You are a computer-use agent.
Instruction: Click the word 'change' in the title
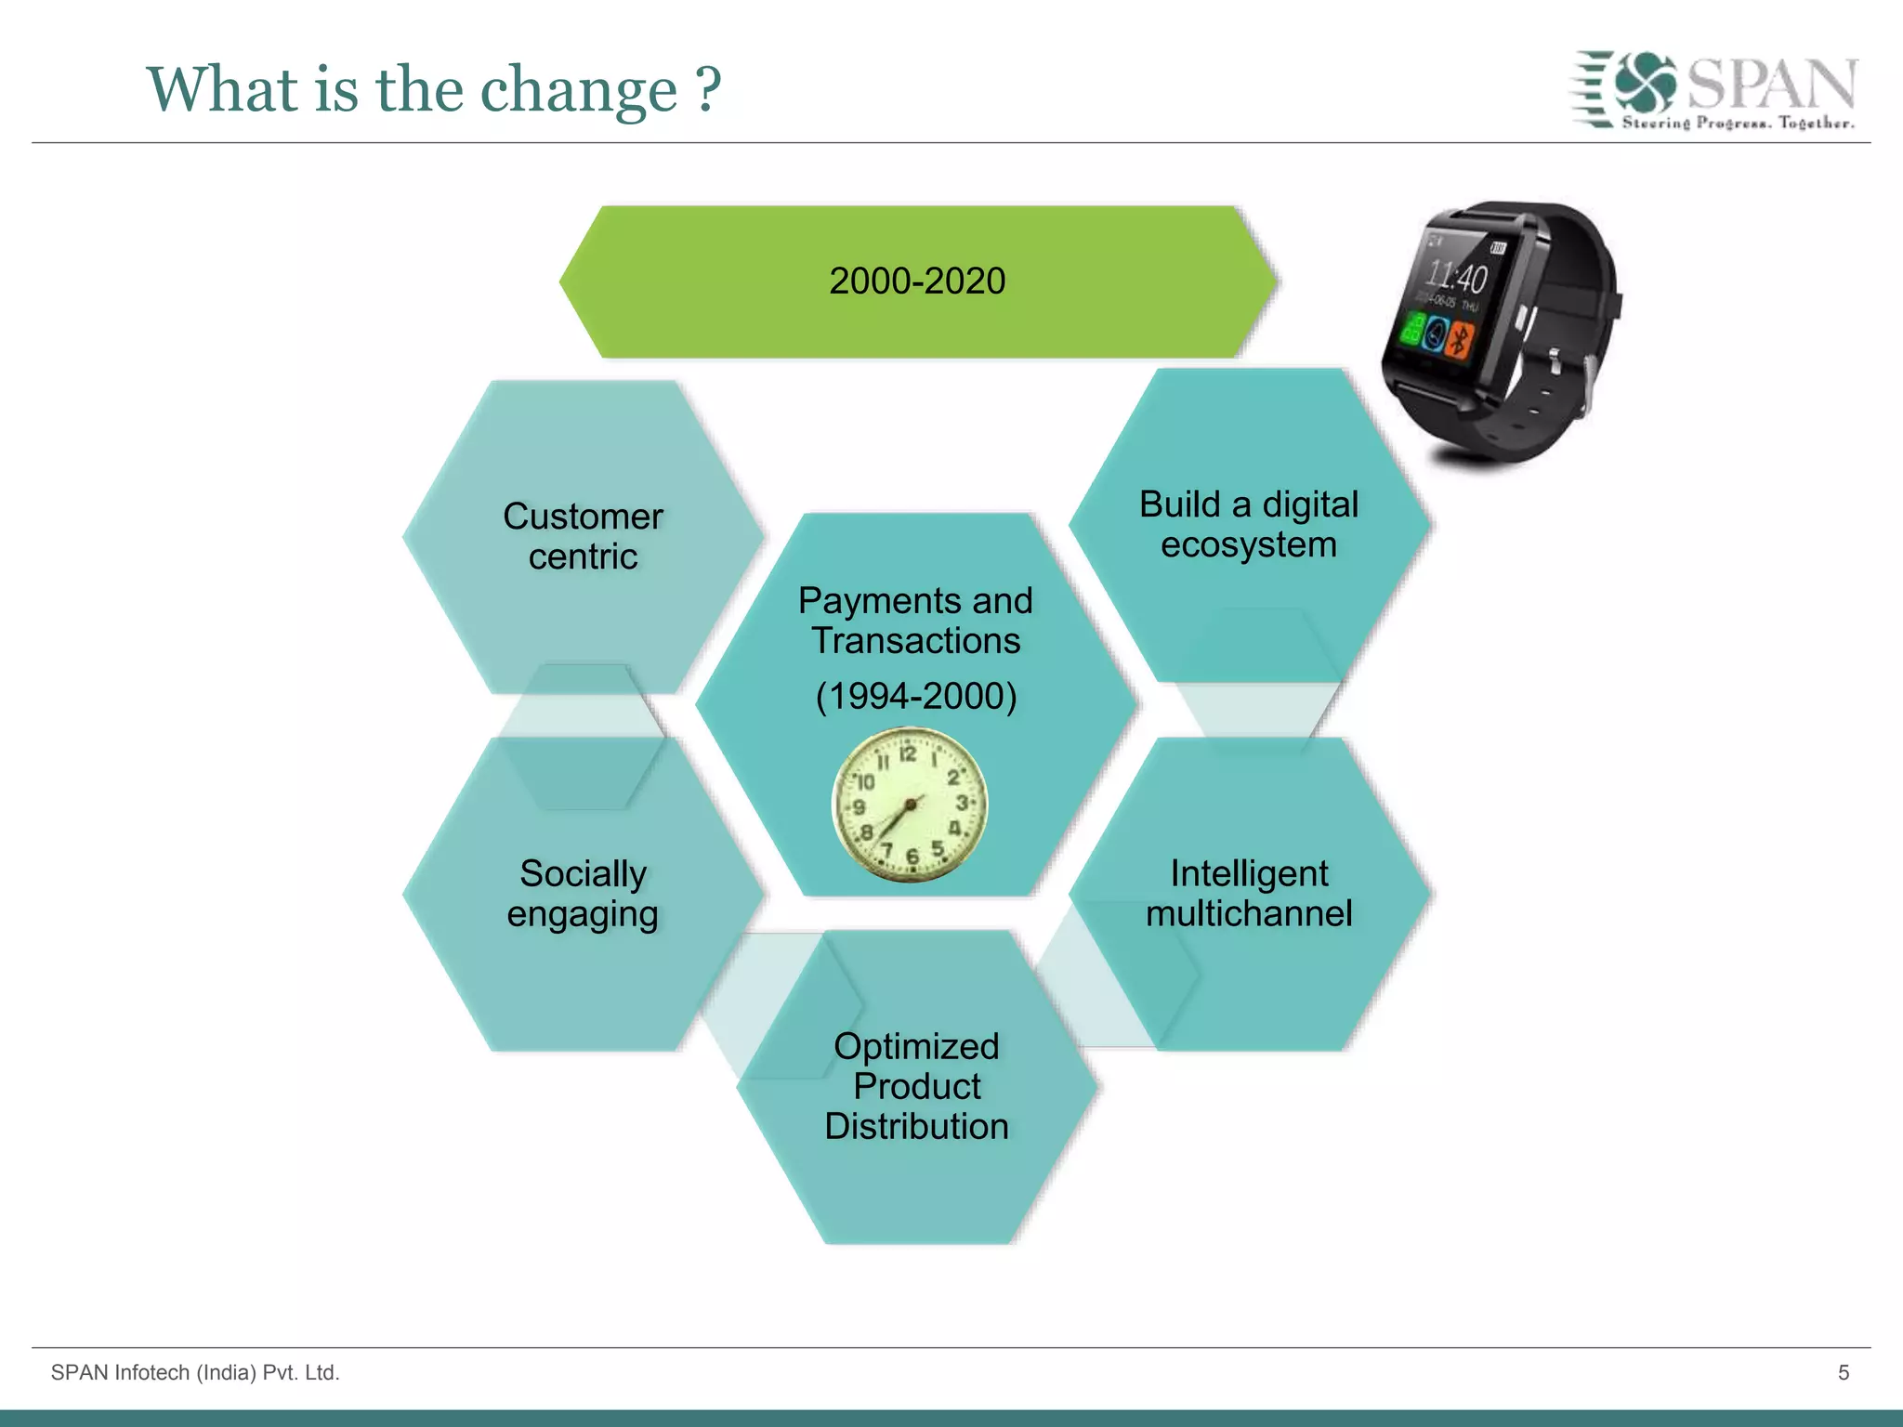pos(578,91)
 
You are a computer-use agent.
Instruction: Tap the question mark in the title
pos(708,89)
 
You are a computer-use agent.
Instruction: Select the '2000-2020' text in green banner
pos(917,281)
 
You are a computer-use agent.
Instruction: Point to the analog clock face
pos(909,805)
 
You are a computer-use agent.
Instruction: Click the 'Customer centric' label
pos(583,536)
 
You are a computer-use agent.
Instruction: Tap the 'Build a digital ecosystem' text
pos(1248,524)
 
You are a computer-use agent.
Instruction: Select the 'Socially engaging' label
pos(583,893)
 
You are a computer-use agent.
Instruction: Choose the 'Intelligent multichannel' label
pos(1248,893)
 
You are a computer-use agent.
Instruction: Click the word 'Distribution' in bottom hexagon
pos(916,1126)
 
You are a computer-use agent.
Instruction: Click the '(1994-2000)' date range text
pos(916,695)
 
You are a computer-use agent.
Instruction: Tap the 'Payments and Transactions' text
pos(915,621)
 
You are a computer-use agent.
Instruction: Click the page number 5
pos(1844,1372)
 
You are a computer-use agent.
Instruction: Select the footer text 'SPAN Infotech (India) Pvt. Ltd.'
pos(195,1372)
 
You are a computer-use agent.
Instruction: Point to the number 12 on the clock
pos(908,753)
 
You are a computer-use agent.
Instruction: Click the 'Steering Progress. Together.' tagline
pos(1738,123)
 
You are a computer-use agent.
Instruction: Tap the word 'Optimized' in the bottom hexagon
pos(916,1046)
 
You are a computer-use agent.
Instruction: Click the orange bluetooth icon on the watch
pos(1460,340)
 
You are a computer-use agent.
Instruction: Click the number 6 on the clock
pos(912,857)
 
